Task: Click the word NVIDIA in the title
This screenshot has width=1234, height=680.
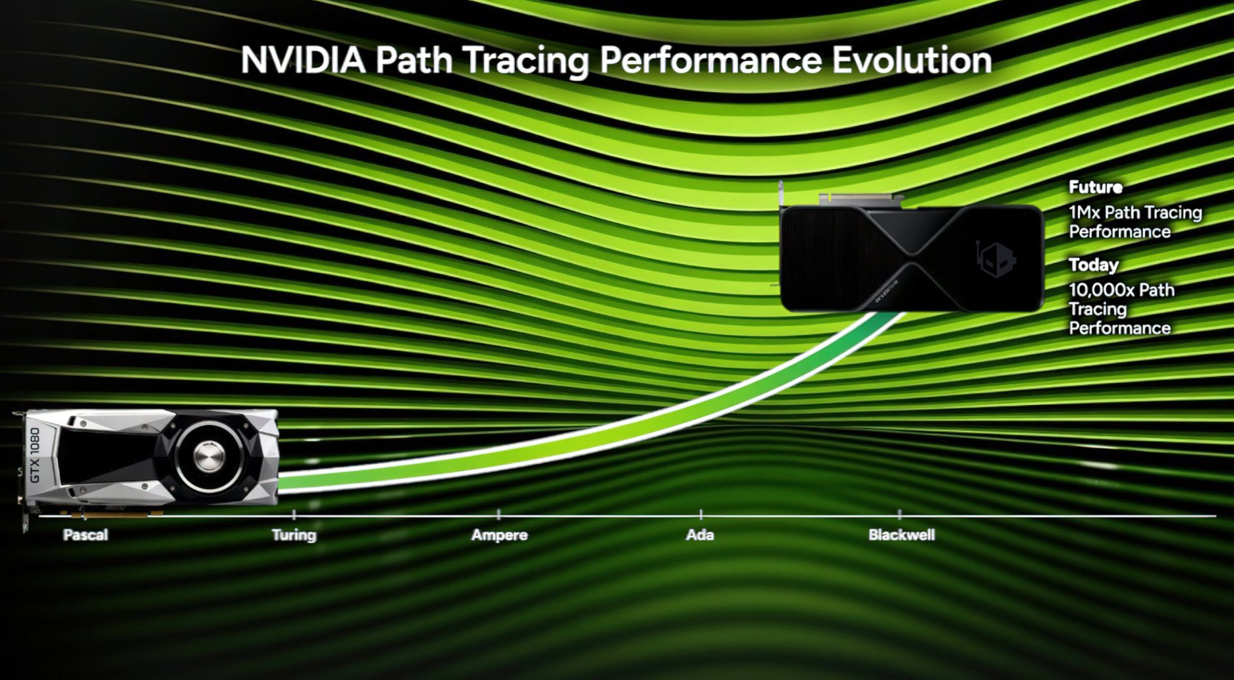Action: point(303,60)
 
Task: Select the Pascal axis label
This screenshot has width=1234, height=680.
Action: point(85,535)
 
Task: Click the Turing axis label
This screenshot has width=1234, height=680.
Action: point(294,535)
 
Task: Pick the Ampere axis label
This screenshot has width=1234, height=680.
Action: point(499,535)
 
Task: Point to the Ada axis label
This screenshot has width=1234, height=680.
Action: point(700,535)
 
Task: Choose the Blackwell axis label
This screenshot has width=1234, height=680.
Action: point(901,535)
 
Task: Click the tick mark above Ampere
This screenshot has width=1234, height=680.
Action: point(499,514)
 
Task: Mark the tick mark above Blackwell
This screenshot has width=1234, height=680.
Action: point(900,514)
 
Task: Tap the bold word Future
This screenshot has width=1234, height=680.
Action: point(1095,187)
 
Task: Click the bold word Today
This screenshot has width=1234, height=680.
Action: point(1093,265)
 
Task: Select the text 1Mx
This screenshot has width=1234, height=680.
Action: point(1084,212)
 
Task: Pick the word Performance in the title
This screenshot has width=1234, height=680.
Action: point(711,60)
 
